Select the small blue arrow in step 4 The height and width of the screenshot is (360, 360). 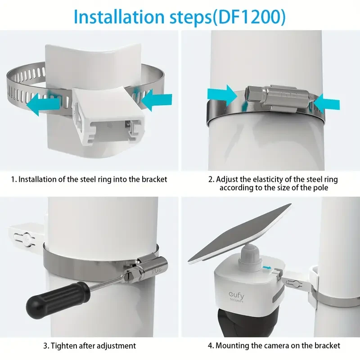[x=268, y=269]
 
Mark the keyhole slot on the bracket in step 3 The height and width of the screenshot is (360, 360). [x=22, y=237]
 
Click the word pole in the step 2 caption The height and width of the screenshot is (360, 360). [x=319, y=187]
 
